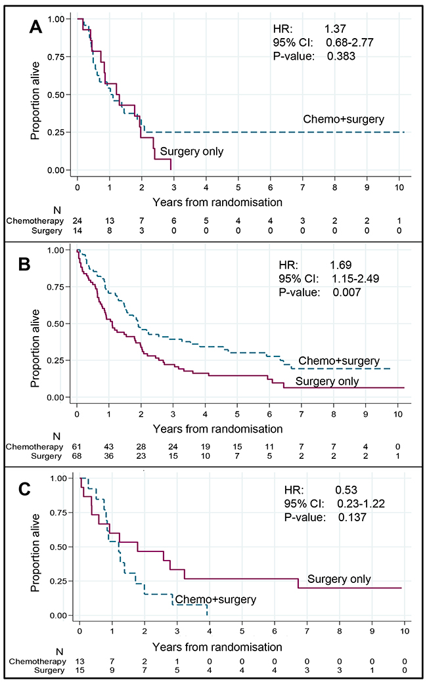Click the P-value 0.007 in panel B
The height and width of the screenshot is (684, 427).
point(347,292)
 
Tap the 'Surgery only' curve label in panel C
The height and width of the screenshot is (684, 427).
point(339,579)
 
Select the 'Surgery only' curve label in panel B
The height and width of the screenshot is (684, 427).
point(327,381)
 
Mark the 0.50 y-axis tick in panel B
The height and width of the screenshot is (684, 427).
point(60,324)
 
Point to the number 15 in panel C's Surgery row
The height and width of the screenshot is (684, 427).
point(79,671)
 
